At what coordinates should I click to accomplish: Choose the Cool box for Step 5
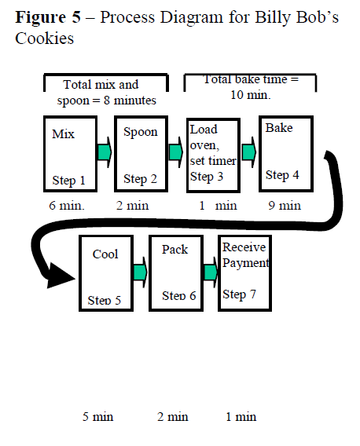point(105,272)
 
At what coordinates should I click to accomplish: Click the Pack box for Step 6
point(176,272)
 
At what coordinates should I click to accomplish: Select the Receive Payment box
point(245,272)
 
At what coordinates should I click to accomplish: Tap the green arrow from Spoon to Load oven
point(176,152)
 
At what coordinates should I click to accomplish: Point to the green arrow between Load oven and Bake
point(249,152)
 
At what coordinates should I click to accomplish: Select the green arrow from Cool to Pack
point(141,272)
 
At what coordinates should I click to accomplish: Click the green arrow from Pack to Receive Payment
point(211,272)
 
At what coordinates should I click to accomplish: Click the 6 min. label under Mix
point(68,206)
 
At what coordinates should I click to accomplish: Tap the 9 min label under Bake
point(285,206)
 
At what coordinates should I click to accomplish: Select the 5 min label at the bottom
point(98,416)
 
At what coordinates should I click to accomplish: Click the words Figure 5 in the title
point(48,16)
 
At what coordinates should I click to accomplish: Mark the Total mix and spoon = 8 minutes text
point(105,92)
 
